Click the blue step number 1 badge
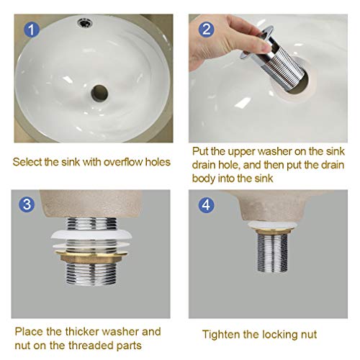pos(32,30)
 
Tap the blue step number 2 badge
pos(207,30)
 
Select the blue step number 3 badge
pos(27,204)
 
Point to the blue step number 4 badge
pos(207,205)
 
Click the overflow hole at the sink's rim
pos(85,23)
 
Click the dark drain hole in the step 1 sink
pos(99,93)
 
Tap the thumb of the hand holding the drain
pos(260,45)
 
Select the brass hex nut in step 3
pos(91,257)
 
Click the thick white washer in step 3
pos(91,235)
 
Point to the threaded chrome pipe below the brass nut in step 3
pos(91,274)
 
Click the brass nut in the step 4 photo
pos(273,231)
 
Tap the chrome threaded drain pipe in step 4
pos(273,253)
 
